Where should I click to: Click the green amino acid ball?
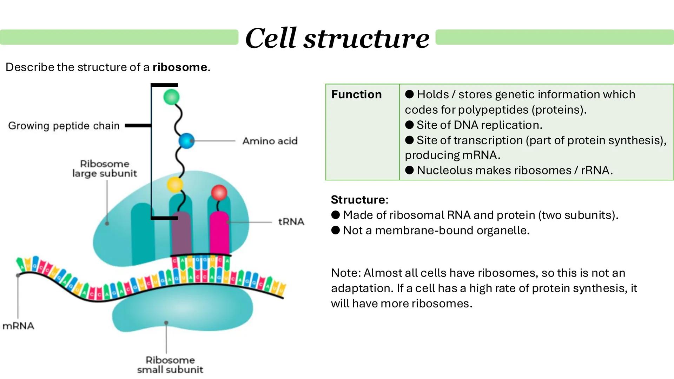(171, 97)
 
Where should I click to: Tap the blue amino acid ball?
(186, 141)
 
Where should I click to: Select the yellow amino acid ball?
(175, 184)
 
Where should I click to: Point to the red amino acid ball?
(219, 192)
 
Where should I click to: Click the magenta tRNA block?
(219, 233)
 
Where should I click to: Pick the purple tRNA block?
(181, 233)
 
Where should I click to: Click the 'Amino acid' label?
(270, 141)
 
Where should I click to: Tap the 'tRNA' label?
(291, 222)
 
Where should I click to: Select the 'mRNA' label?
(18, 326)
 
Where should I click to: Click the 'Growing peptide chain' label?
(64, 126)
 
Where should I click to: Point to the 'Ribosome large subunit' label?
(105, 168)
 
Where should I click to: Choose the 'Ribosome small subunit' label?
(170, 365)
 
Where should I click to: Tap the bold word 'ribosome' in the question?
(180, 67)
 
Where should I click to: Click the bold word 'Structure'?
(358, 200)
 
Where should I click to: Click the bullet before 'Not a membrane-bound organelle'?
(336, 230)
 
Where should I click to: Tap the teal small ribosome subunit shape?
(183, 312)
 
